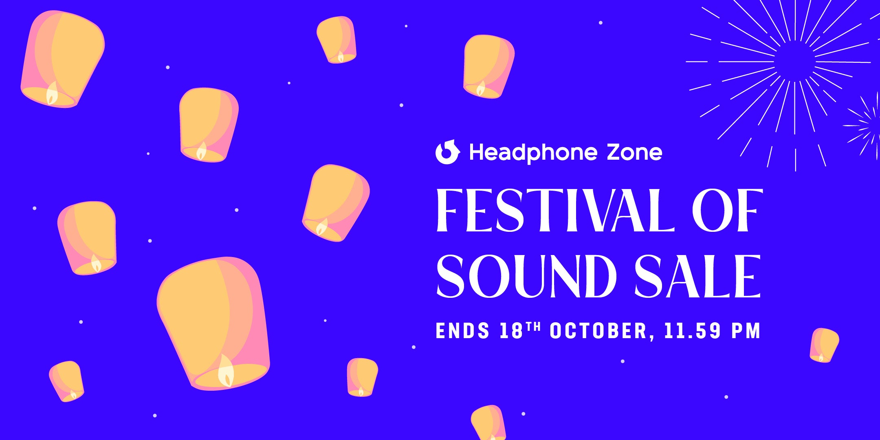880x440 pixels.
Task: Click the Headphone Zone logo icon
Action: click(x=448, y=152)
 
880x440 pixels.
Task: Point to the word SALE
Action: click(x=697, y=276)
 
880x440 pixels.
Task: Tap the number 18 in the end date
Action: click(x=511, y=331)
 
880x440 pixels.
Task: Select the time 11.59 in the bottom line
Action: click(x=693, y=331)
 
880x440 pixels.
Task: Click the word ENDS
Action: click(x=462, y=331)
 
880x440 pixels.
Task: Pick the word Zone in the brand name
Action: click(x=634, y=152)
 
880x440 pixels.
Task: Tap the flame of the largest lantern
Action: click(x=226, y=371)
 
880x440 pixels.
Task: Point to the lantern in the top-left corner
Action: click(x=62, y=59)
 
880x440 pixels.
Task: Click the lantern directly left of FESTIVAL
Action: click(x=336, y=203)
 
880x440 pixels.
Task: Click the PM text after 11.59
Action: click(x=746, y=331)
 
